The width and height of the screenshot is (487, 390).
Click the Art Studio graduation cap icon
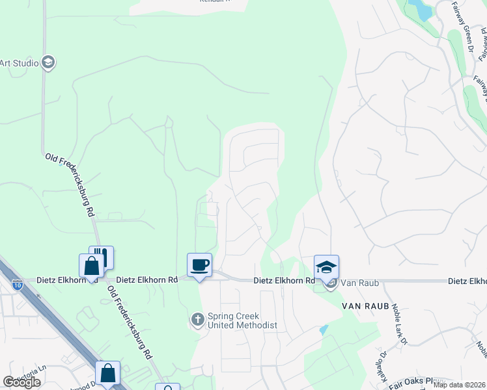[48, 62]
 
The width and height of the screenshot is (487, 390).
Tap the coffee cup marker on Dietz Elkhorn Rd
[199, 265]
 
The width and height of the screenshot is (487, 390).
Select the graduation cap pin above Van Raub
[326, 267]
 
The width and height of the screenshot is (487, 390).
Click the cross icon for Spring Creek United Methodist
[197, 319]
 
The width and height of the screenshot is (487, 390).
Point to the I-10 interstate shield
[17, 284]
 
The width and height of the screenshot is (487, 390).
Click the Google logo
[21, 382]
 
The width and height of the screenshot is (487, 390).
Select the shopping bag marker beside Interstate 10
[107, 373]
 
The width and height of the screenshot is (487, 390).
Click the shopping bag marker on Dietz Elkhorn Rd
[91, 266]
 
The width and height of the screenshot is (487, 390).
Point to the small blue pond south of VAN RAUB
[324, 330]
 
